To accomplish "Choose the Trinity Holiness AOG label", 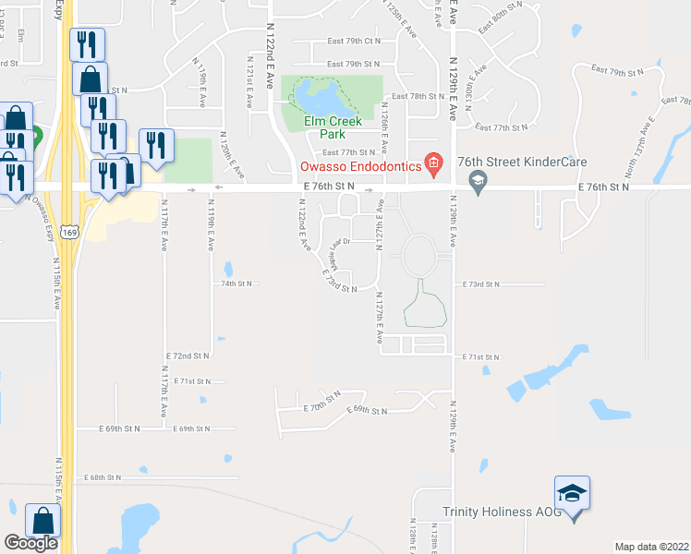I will [501, 512].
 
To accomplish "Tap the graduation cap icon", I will [572, 495].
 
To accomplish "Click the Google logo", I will [30, 543].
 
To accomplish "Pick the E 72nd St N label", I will [188, 355].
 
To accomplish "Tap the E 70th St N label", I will [323, 405].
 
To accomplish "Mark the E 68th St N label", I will [103, 477].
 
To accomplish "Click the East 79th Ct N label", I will [354, 42].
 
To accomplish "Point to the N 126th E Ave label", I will [384, 128].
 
